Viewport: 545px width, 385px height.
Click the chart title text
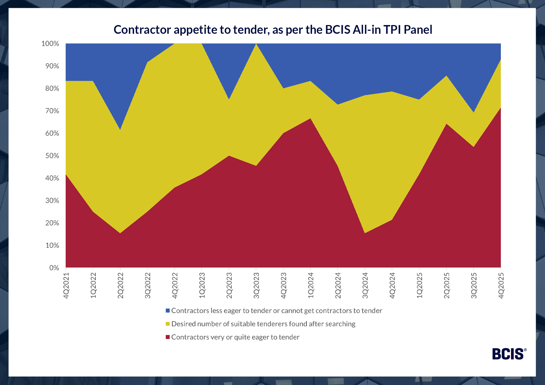[273, 30]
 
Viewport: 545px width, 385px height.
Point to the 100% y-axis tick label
[50, 44]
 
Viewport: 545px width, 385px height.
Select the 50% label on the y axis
[52, 156]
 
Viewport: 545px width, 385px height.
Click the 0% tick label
[54, 268]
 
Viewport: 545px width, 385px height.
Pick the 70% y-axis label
[52, 111]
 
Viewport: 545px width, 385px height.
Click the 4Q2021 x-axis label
[66, 285]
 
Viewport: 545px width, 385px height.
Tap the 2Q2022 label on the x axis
[120, 285]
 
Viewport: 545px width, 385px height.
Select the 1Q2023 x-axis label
[202, 285]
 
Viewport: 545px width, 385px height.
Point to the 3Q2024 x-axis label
[365, 285]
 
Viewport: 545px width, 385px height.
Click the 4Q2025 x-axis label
[501, 285]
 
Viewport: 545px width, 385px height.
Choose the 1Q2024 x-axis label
[311, 285]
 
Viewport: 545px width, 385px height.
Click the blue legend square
[168, 311]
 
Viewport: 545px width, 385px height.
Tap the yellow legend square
[168, 324]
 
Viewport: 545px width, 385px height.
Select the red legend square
[168, 337]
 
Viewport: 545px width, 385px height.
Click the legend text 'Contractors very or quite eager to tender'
[235, 337]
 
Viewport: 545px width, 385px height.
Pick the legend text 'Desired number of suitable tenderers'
[263, 324]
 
